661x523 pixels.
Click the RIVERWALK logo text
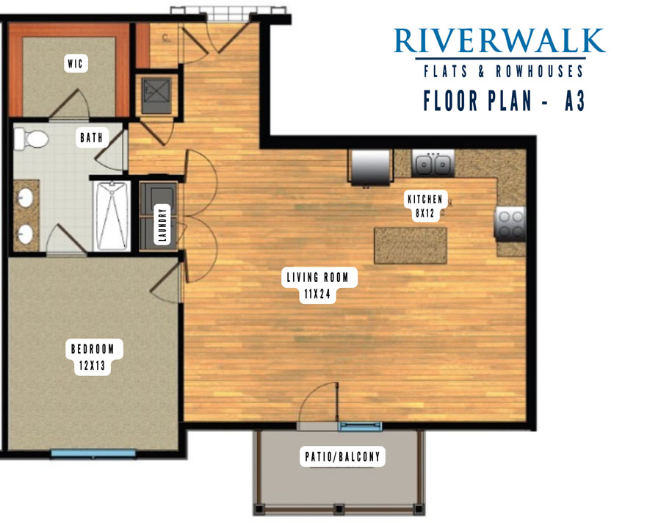[x=499, y=40]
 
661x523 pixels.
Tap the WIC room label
[x=76, y=64]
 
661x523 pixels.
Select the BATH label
[x=92, y=137]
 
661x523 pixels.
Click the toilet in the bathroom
[x=31, y=139]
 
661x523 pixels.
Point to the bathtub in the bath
[x=112, y=215]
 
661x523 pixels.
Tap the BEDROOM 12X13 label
[x=93, y=357]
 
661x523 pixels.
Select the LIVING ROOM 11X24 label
[x=318, y=285]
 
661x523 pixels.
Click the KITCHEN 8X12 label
[x=425, y=206]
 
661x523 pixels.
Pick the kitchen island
[x=411, y=245]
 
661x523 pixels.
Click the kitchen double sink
[x=433, y=164]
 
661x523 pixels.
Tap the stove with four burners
[x=510, y=224]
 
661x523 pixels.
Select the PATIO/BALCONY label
[x=342, y=456]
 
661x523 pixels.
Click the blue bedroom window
[x=93, y=453]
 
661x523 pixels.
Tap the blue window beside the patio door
[x=360, y=426]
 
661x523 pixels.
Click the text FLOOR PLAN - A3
[x=504, y=101]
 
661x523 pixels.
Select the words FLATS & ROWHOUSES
[x=503, y=71]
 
